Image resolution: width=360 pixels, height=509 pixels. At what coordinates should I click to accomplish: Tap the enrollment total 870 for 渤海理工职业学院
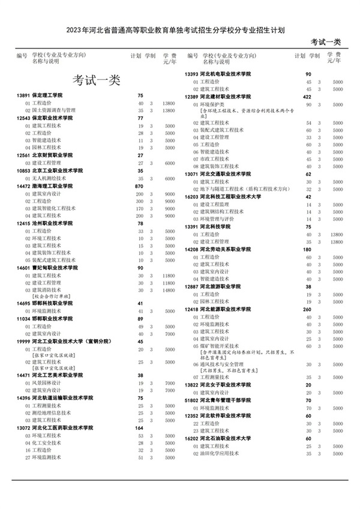tap(140, 186)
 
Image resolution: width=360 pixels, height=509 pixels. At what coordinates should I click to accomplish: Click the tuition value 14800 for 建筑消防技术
tap(168, 290)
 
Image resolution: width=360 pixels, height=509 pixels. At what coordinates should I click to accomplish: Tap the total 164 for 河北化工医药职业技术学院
tap(140, 428)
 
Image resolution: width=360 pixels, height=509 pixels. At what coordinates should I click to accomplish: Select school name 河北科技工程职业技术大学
tap(238, 196)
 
